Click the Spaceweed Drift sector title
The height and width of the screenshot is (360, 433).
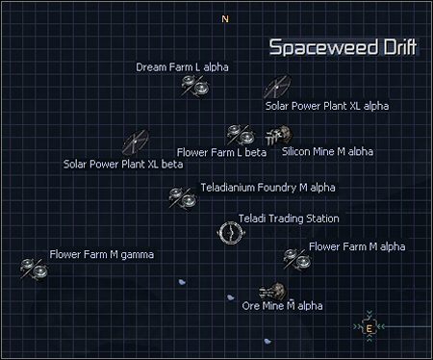click(x=343, y=48)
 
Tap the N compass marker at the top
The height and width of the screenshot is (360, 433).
click(x=225, y=19)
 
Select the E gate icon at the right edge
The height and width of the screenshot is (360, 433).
click(x=369, y=328)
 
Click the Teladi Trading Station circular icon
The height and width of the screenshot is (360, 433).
click(x=229, y=232)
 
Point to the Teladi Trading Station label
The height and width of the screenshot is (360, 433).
click(x=289, y=219)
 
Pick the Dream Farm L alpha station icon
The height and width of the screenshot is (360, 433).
click(x=196, y=87)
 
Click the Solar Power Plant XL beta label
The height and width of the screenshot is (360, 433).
click(x=122, y=164)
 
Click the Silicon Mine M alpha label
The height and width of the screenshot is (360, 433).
click(x=327, y=151)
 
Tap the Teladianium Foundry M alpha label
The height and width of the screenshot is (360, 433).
click(x=255, y=187)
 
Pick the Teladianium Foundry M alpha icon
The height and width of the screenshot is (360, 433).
click(x=182, y=198)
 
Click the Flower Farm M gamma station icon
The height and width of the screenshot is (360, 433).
click(x=35, y=269)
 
